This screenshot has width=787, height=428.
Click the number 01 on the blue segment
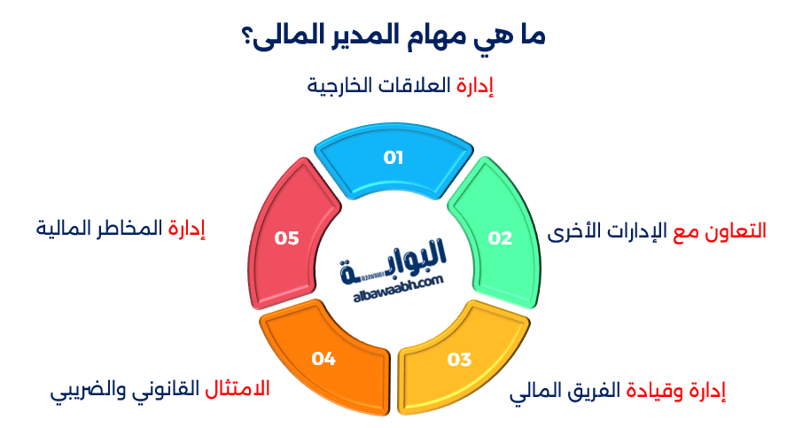point(393,158)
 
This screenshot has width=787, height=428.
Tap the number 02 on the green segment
point(501,237)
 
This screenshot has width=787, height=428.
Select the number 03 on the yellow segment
point(459,360)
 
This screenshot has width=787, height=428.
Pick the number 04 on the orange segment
point(323,359)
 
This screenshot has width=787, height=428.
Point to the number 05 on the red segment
point(286,237)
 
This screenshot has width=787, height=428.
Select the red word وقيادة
point(658,390)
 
